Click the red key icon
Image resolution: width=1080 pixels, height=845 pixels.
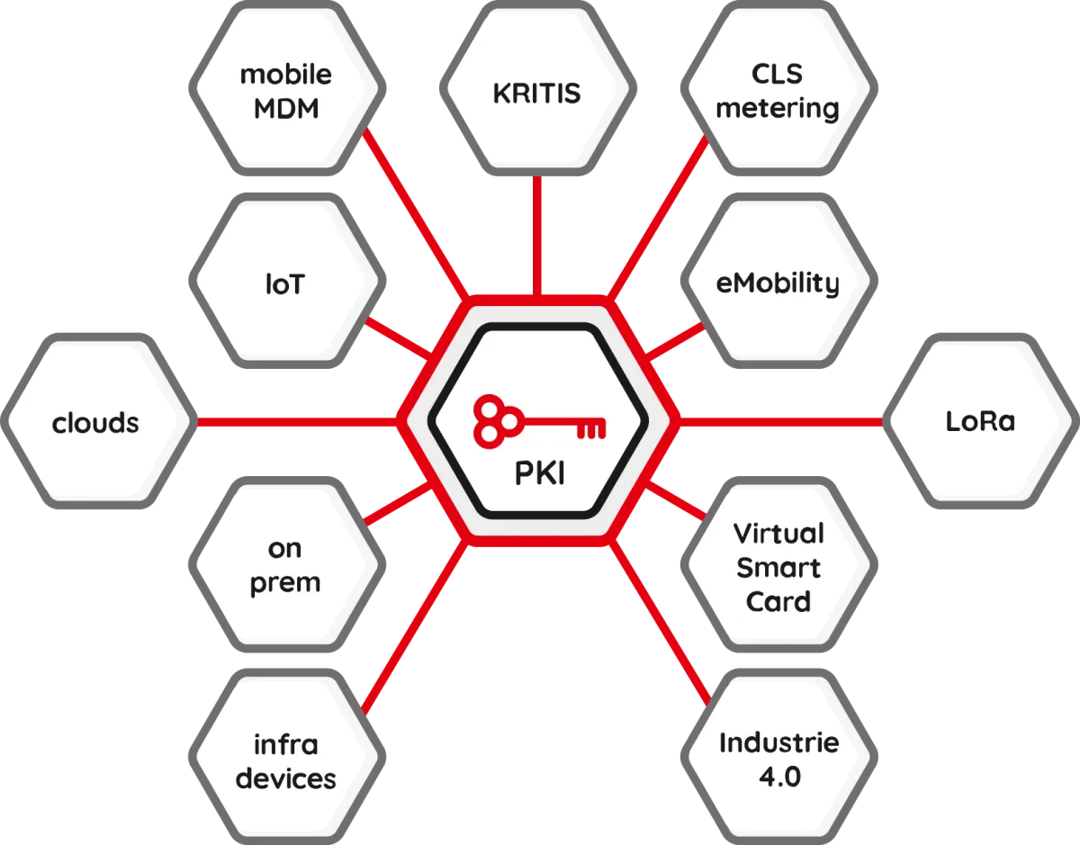[539, 421]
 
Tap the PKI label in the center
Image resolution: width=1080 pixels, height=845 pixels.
[539, 472]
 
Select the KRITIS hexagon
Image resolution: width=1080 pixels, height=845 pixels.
[537, 94]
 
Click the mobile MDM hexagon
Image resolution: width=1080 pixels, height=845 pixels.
[286, 91]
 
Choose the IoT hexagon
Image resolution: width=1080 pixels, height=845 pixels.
[286, 285]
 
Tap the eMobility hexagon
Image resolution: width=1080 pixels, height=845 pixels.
[778, 283]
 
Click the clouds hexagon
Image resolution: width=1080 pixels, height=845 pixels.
[96, 422]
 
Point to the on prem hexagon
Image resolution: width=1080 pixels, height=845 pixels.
[286, 565]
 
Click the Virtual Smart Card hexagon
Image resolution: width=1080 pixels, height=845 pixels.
[778, 567]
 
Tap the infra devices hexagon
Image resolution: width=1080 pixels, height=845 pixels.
[286, 761]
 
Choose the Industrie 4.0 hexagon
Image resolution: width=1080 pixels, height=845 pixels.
[778, 760]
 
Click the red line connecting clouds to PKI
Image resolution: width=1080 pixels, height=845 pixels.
[297, 421]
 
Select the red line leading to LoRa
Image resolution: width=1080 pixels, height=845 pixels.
[783, 421]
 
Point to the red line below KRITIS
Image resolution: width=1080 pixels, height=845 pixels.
[537, 234]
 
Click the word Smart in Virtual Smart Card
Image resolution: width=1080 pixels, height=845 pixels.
[778, 568]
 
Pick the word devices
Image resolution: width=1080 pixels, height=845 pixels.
[286, 778]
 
